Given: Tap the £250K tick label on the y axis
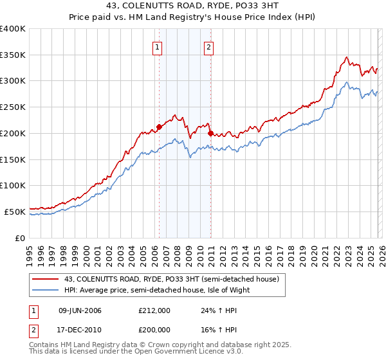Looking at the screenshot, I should (x=13, y=107).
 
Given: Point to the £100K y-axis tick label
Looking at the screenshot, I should (x=13, y=185).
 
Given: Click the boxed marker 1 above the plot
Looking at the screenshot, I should (x=158, y=46).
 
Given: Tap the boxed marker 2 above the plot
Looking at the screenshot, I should (x=210, y=46).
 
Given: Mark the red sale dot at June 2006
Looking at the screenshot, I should (x=159, y=127).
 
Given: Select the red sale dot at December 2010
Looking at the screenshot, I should (x=210, y=133).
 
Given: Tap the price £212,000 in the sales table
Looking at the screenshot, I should (x=154, y=310).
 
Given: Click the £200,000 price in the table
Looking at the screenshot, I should (x=154, y=329).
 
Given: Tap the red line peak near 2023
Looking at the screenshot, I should (x=347, y=57).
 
